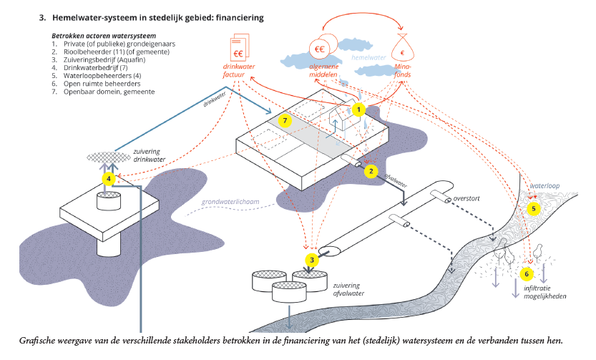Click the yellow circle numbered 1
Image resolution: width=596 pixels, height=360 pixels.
point(359,110)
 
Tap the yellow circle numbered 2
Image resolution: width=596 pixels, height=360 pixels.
point(371,171)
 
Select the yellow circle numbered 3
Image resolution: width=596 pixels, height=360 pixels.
point(311,260)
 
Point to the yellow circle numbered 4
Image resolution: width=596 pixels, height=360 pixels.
point(109,178)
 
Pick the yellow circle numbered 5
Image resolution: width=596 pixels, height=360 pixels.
point(533,208)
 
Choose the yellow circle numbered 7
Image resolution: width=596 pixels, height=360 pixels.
point(285,121)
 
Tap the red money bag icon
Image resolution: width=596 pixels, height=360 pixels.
point(404,51)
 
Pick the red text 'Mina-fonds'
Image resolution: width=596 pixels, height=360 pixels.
point(404,72)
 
